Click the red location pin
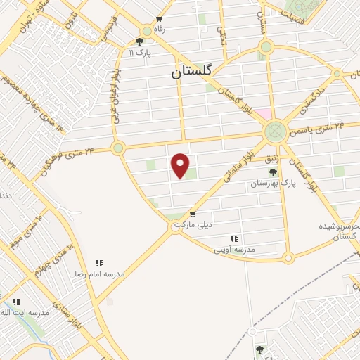point(181,165)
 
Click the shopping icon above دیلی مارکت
point(193,214)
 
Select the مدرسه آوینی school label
point(236,249)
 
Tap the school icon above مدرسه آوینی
point(233,238)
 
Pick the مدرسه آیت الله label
point(30,311)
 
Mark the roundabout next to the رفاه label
point(147,31)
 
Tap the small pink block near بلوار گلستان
point(262,112)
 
